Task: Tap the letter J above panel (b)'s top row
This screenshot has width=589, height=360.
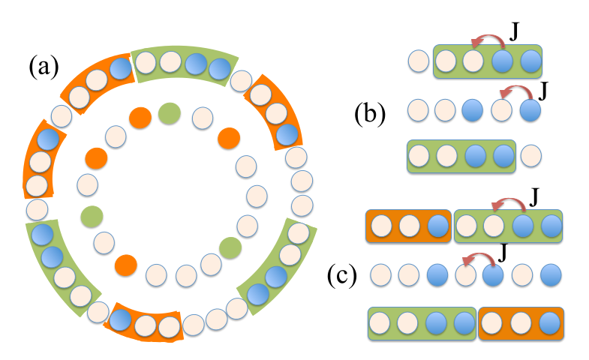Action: (515, 33)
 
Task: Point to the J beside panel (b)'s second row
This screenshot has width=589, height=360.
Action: (544, 91)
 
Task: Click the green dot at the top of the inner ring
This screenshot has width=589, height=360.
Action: (169, 113)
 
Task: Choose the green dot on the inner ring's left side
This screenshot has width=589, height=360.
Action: (92, 215)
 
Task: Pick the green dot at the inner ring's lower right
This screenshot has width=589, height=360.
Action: (230, 246)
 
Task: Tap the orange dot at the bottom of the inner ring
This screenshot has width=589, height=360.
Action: (126, 264)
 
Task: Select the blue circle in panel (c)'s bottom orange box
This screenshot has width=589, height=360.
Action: (548, 325)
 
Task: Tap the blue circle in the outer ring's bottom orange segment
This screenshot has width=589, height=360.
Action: (119, 319)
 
